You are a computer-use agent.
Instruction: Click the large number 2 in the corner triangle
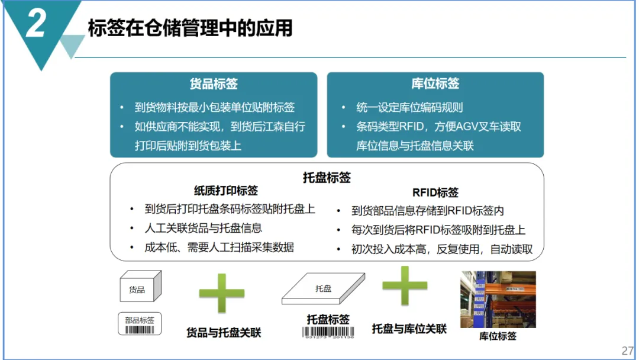pyautogui.click(x=36, y=23)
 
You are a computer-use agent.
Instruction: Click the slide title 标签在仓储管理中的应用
pyautogui.click(x=191, y=28)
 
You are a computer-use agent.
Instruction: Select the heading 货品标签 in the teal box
pyautogui.click(x=214, y=83)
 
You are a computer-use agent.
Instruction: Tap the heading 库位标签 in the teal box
pyautogui.click(x=435, y=83)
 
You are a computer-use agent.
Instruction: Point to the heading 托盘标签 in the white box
pyautogui.click(x=327, y=178)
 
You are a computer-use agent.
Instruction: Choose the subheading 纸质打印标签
pyautogui.click(x=226, y=191)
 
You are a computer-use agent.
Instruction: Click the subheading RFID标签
pyautogui.click(x=435, y=192)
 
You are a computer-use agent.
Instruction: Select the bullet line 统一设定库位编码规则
pyautogui.click(x=409, y=107)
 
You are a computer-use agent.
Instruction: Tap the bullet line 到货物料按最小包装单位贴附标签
pyautogui.click(x=214, y=107)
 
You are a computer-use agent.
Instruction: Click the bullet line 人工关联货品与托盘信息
pyautogui.click(x=203, y=228)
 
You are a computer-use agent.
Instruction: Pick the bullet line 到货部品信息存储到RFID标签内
pyautogui.click(x=428, y=211)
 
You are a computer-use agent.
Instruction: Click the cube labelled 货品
pyautogui.click(x=141, y=286)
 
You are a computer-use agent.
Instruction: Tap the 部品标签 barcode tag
pyautogui.click(x=140, y=324)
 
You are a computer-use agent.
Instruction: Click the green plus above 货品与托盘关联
pyautogui.click(x=222, y=293)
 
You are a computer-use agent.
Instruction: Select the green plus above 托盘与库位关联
pyautogui.click(x=405, y=285)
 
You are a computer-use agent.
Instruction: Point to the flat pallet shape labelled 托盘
pyautogui.click(x=323, y=288)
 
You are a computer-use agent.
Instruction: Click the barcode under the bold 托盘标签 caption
pyautogui.click(x=328, y=332)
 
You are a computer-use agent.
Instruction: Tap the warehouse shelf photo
pyautogui.click(x=498, y=300)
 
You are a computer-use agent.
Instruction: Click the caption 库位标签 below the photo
pyautogui.click(x=498, y=336)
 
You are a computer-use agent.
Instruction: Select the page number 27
pyautogui.click(x=628, y=351)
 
